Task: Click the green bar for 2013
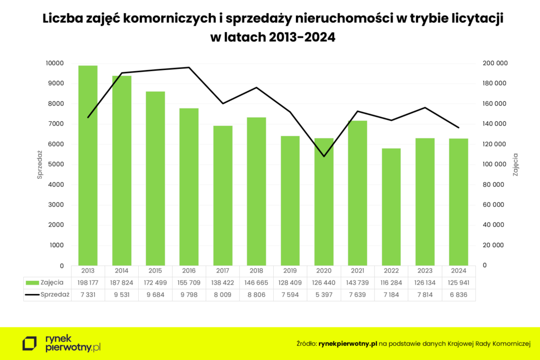click(x=88, y=166)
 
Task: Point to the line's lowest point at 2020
click(x=324, y=157)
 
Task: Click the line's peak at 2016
click(x=189, y=67)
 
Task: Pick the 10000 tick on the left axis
click(x=54, y=63)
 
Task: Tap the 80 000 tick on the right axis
click(x=493, y=184)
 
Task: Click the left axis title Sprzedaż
click(x=40, y=164)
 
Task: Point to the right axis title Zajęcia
click(x=516, y=164)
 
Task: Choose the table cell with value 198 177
click(x=88, y=283)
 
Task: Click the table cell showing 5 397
click(x=324, y=295)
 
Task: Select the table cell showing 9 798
click(x=189, y=295)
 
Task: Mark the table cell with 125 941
click(x=458, y=283)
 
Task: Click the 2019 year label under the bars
click(x=290, y=271)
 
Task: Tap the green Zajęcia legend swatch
click(x=32, y=283)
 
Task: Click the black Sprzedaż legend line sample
click(x=32, y=295)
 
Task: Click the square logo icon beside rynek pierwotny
click(x=30, y=344)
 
